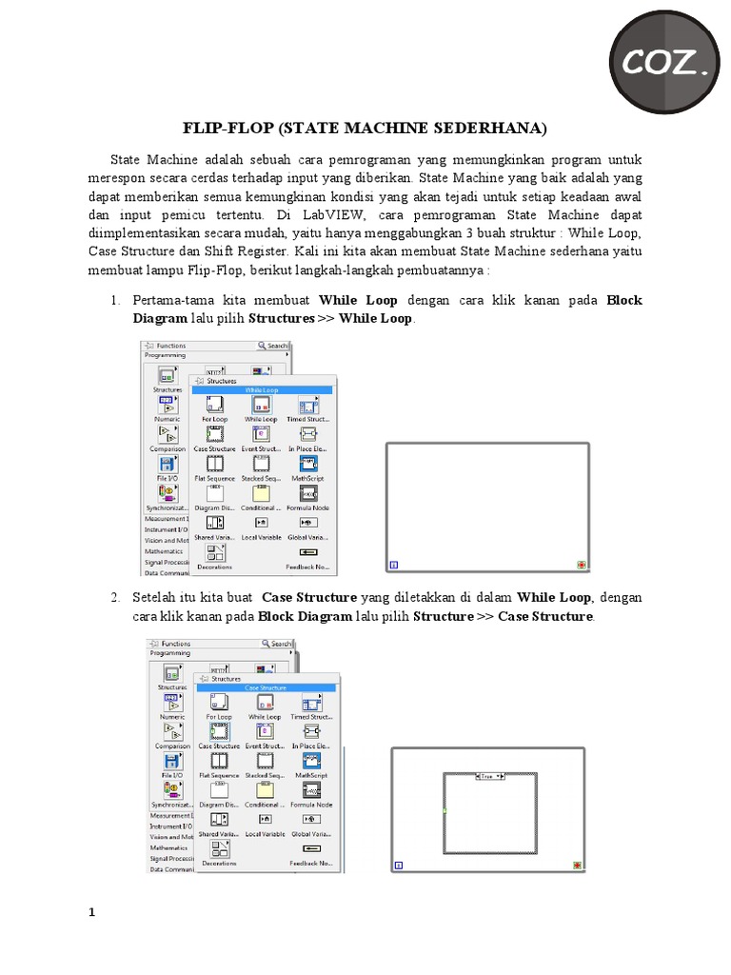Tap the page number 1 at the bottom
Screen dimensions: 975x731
[x=92, y=913]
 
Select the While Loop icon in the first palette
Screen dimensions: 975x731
[x=261, y=405]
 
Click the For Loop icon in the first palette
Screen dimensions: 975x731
[x=214, y=405]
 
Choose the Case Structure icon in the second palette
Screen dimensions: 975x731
[x=218, y=731]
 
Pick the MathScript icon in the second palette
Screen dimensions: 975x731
[x=311, y=761]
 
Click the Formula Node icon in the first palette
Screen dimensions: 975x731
[x=309, y=493]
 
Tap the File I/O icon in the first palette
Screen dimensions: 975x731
[x=167, y=464]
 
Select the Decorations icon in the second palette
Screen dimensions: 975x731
[x=220, y=848]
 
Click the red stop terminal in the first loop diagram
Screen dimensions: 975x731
[x=581, y=565]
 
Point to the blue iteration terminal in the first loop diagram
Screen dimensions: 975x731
[x=394, y=565]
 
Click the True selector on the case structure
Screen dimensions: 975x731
[x=490, y=776]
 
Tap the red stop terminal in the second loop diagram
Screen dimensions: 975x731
[x=578, y=865]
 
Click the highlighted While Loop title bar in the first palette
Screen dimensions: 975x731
[x=262, y=389]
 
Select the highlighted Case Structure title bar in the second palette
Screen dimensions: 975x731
[x=266, y=687]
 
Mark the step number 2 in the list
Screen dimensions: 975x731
[x=114, y=598]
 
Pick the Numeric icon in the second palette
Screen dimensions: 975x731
[x=170, y=705]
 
